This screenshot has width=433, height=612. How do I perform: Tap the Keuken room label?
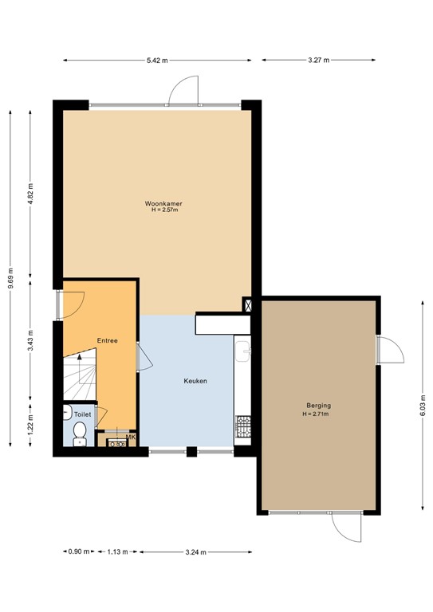pos(195,381)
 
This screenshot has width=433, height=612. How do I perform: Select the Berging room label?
pos(317,406)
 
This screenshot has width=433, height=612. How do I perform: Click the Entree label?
pos(108,340)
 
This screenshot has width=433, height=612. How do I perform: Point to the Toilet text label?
pos(83,414)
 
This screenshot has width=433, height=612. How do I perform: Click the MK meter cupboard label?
pos(131,437)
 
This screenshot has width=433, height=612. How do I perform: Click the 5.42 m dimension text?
pos(157,60)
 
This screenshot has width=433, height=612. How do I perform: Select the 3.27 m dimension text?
pos(318,60)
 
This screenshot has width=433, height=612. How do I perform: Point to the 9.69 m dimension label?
pos(10,280)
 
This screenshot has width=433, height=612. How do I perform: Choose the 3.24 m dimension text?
pos(195,552)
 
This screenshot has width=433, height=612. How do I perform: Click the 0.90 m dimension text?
pos(78,552)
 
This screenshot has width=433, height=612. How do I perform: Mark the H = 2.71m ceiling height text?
pos(317,414)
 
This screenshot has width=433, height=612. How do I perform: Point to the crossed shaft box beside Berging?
pos(248,305)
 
